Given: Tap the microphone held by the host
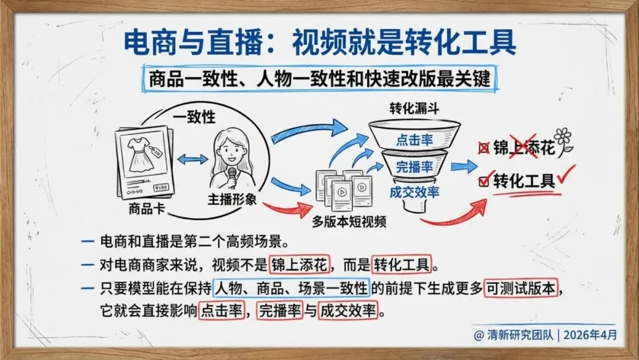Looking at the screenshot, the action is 233,175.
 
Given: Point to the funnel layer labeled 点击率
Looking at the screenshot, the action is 414,140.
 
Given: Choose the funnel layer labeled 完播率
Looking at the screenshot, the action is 414,166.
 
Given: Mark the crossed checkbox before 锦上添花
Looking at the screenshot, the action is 482,149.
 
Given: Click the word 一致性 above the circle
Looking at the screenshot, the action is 193,117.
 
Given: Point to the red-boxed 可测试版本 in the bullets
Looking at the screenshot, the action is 521,290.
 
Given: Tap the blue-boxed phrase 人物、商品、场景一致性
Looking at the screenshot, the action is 291,290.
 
